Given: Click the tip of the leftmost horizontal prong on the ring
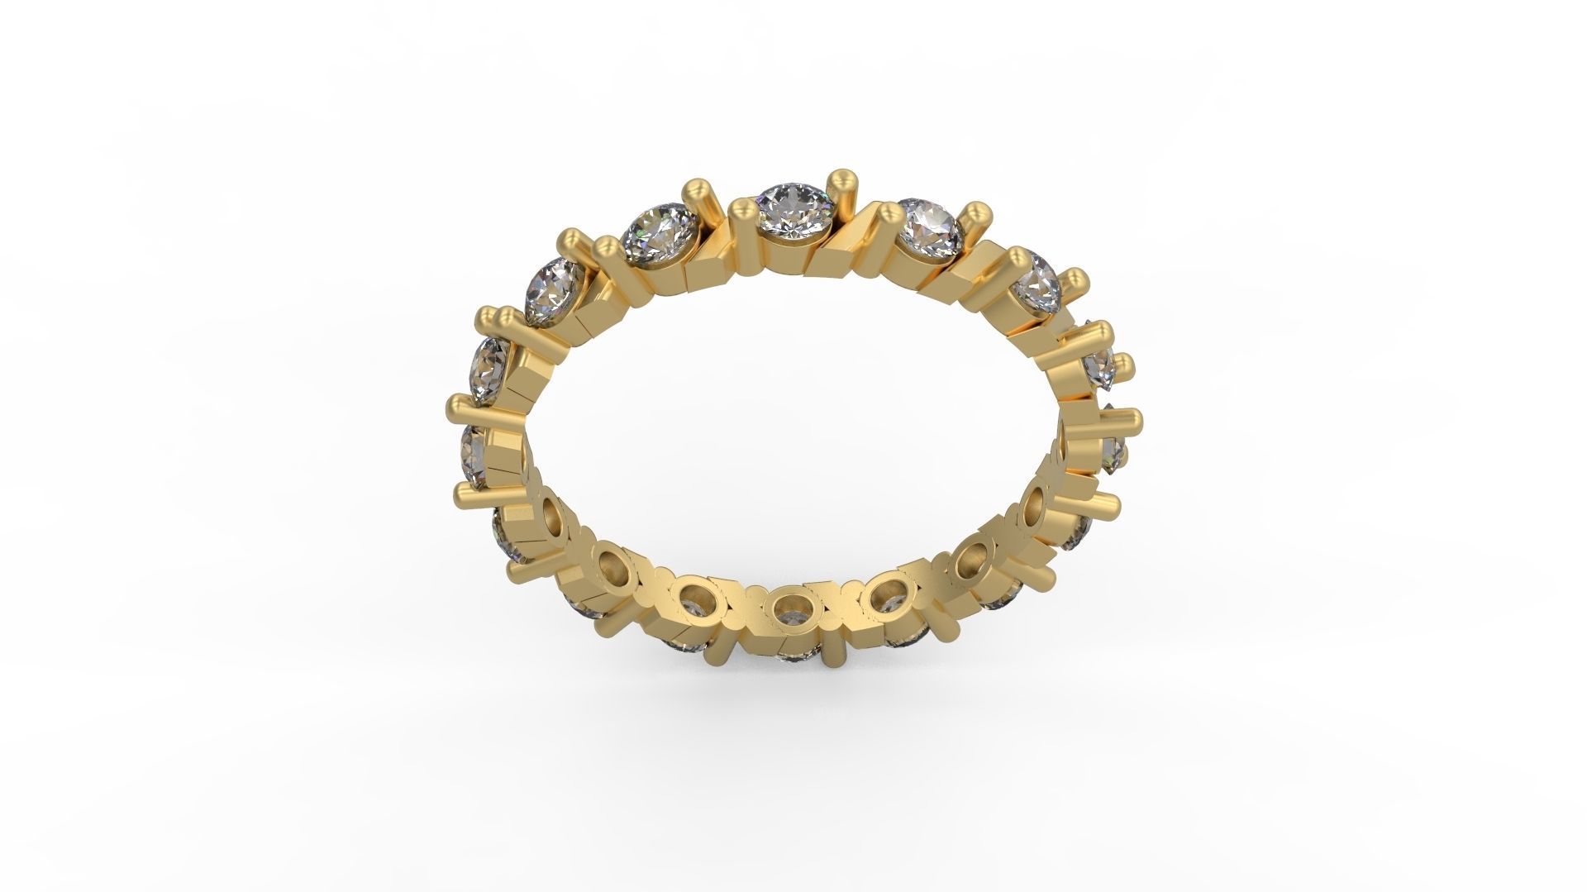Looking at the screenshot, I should tap(454, 408).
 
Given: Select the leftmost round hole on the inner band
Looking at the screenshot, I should tap(551, 518).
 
